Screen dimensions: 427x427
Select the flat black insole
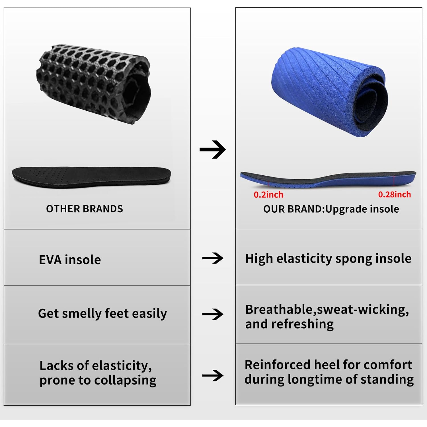coord(91,177)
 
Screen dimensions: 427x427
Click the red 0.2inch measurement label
coord(268,195)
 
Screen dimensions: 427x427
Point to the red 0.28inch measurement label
coord(395,194)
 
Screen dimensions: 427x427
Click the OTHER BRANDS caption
coord(85,209)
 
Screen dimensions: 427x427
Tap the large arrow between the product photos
coord(213,149)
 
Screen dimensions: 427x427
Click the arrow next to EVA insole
coord(213,258)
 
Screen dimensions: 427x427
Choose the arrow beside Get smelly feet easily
coord(213,314)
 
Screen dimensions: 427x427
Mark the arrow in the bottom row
coord(213,375)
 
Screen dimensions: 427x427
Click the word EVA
coord(50,260)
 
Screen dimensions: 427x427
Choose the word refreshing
coord(303,324)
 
